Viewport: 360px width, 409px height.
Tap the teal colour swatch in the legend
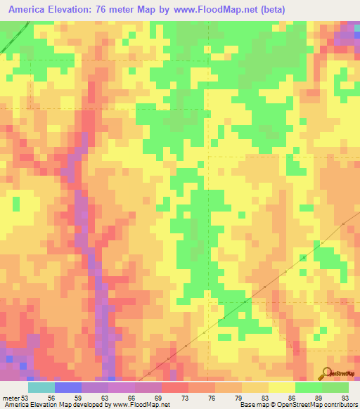(41, 387)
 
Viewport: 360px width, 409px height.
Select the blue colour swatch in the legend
(67, 387)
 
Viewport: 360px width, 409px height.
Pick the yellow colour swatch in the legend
(281, 387)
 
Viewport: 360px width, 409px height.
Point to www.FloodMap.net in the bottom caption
(140, 404)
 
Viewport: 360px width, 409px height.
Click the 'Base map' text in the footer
(252, 404)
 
